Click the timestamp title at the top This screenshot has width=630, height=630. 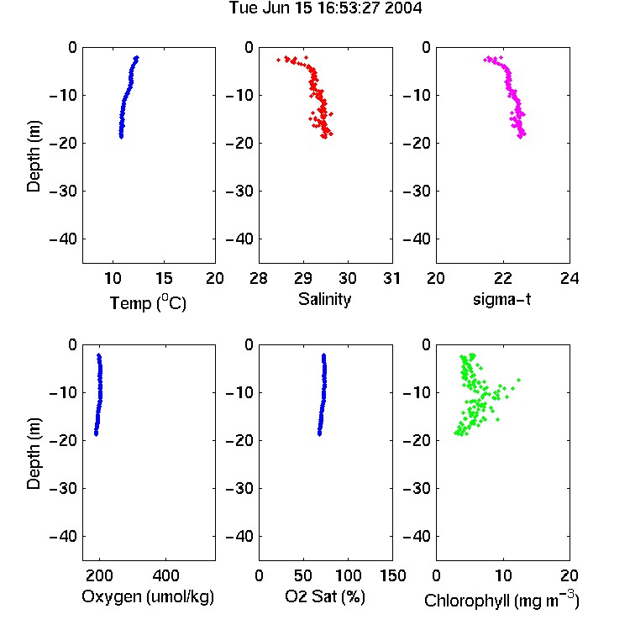click(325, 8)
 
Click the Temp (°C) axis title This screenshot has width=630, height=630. click(148, 302)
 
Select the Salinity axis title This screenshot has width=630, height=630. click(324, 299)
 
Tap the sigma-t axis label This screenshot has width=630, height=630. click(501, 299)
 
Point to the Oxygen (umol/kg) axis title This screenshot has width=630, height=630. click(148, 596)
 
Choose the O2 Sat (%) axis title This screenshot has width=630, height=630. click(324, 596)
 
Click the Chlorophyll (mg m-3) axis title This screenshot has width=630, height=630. click(501, 600)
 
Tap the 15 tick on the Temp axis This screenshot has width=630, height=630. click(164, 278)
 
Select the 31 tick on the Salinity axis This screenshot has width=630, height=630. click(391, 278)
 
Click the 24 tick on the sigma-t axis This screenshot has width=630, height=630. click(570, 278)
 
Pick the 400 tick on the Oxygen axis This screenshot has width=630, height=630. click(166, 575)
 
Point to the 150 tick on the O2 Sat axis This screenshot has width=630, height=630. click(392, 575)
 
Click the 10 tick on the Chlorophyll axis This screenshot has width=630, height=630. click(503, 575)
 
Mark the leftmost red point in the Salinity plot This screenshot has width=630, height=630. click(278, 60)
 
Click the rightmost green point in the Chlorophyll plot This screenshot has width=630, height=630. click(519, 380)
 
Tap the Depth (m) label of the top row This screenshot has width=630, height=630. click(34, 156)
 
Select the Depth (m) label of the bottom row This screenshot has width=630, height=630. click(34, 454)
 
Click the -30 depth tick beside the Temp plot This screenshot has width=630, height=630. click(63, 192)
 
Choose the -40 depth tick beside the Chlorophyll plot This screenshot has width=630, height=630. click(417, 536)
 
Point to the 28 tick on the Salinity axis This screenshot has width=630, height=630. click(259, 278)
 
